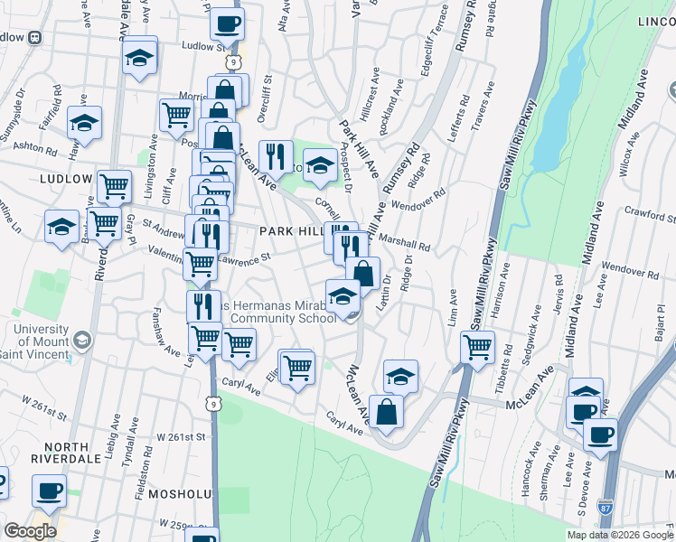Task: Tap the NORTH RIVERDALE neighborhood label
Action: [x=52, y=454]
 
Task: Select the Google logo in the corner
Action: [x=30, y=531]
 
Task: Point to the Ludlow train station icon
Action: [x=35, y=38]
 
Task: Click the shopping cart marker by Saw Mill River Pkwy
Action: [x=477, y=346]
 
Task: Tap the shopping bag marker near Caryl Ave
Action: [x=386, y=411]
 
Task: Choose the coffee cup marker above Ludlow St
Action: [x=226, y=23]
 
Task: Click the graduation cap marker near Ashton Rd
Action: [x=84, y=122]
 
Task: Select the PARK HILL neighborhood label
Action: [x=290, y=232]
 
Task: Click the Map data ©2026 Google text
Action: [x=619, y=535]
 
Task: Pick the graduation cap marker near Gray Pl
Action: [x=61, y=225]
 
